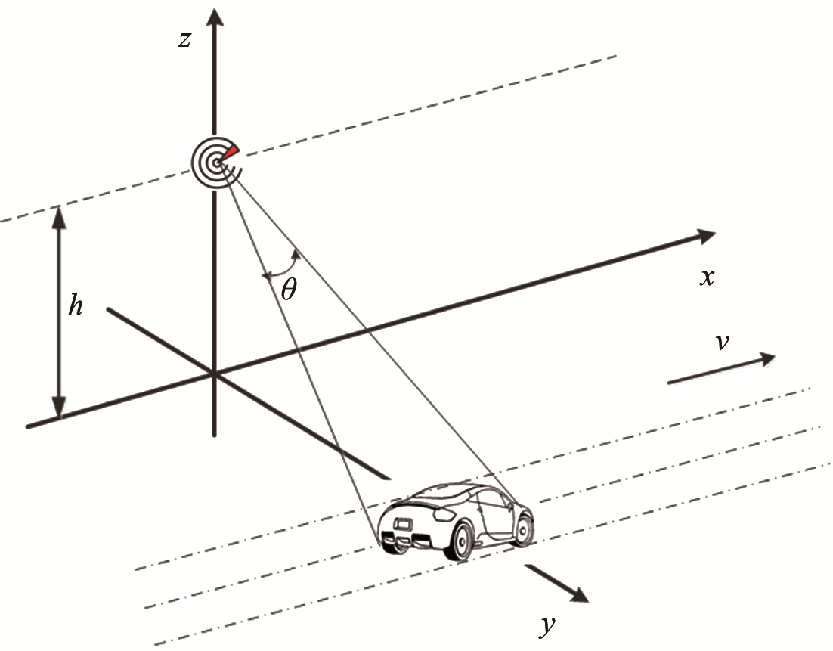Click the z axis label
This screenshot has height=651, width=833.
pyautogui.click(x=184, y=39)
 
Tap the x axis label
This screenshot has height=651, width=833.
pyautogui.click(x=707, y=277)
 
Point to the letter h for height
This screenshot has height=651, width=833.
pyautogui.click(x=76, y=308)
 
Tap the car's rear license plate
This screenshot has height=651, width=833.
pyautogui.click(x=401, y=522)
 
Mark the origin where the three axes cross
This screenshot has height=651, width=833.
pyautogui.click(x=215, y=374)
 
